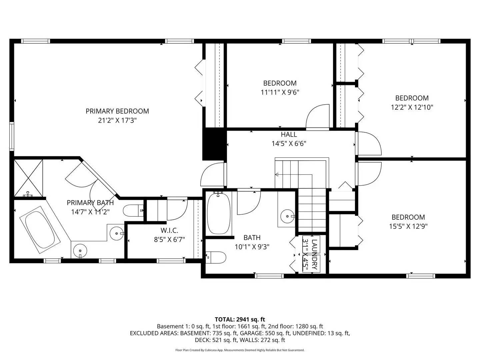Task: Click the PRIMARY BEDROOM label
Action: (x=117, y=111)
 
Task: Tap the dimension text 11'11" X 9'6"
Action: (x=280, y=92)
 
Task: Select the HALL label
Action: (x=289, y=135)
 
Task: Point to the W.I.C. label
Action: (x=169, y=230)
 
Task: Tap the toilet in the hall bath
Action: (x=217, y=257)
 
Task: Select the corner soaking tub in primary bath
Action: (x=40, y=229)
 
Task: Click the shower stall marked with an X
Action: (x=28, y=178)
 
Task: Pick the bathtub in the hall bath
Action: (x=219, y=214)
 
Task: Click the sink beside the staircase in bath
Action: (x=287, y=216)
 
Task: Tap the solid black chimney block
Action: (x=214, y=144)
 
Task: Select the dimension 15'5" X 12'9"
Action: (x=408, y=226)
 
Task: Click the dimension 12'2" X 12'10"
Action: (x=412, y=107)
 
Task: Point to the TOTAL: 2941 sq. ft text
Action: (x=240, y=319)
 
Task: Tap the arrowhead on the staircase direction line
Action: (x=277, y=174)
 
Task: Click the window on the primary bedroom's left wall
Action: (x=12, y=136)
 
